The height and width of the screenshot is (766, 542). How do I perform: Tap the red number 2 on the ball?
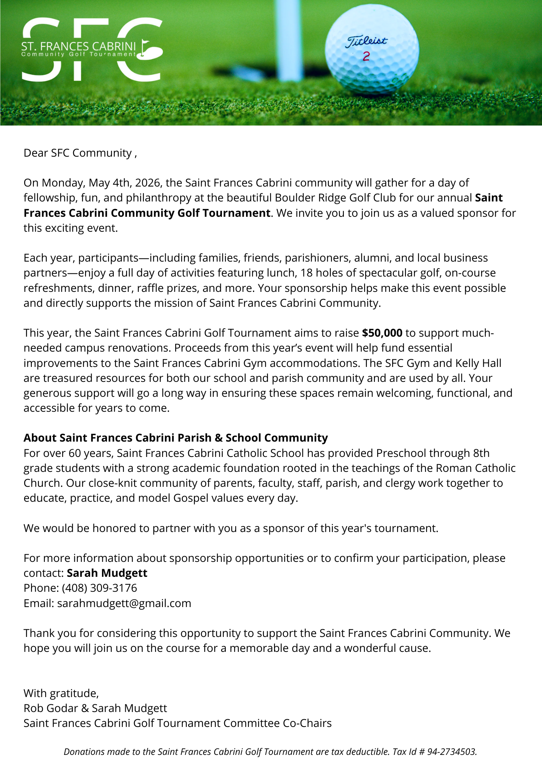366,56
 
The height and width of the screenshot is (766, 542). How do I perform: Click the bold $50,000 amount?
382,333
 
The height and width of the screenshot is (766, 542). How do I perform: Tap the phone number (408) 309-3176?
99,588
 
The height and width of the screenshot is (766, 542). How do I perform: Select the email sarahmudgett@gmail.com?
124,603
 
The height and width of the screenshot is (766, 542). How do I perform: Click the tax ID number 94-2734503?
452,752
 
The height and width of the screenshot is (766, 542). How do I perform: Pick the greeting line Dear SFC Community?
80,153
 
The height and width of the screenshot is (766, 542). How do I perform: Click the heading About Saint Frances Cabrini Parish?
176,438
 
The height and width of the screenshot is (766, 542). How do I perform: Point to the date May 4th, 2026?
124,183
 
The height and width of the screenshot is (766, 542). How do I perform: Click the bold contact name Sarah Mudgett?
107,573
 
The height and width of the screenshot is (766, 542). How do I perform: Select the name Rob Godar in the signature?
51,708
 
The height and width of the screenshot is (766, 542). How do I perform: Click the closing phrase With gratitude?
61,693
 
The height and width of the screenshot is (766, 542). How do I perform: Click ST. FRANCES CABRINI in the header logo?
79,46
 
